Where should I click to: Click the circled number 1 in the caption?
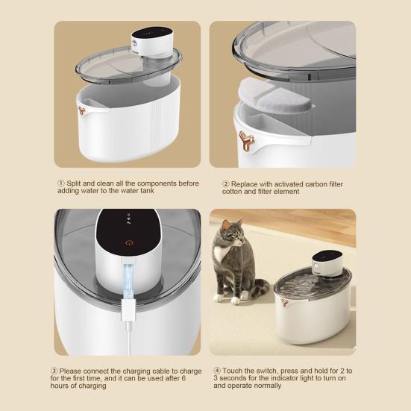61,183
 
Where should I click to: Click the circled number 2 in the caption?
226,183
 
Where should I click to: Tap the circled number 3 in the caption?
54,371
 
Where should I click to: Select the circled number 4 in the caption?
217,371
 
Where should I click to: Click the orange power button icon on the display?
129,242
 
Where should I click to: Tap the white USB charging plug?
128,311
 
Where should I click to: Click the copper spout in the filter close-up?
246,141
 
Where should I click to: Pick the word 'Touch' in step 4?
233,371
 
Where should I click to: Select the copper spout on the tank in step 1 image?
82,110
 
